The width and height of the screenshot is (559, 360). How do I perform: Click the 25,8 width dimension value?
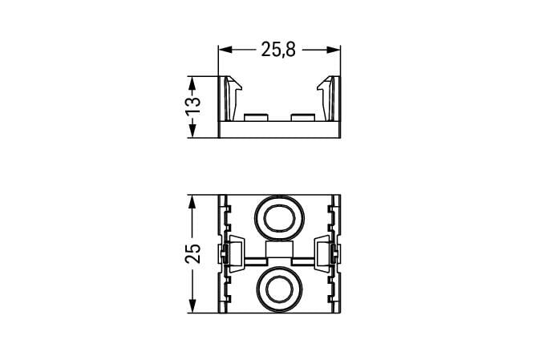coord(278,50)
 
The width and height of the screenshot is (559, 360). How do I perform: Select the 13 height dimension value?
coord(192,105)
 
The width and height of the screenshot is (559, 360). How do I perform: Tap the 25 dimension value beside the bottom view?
coord(192,253)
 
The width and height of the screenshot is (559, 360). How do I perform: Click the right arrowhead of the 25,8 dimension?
coord(334,50)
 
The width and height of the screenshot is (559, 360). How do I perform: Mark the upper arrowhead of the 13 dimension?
coord(192,83)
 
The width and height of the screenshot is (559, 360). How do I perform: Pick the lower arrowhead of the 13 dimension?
coord(192,131)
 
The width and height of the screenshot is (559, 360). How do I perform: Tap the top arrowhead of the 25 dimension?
coord(192,202)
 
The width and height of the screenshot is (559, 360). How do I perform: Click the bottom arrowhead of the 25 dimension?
coord(192,306)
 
